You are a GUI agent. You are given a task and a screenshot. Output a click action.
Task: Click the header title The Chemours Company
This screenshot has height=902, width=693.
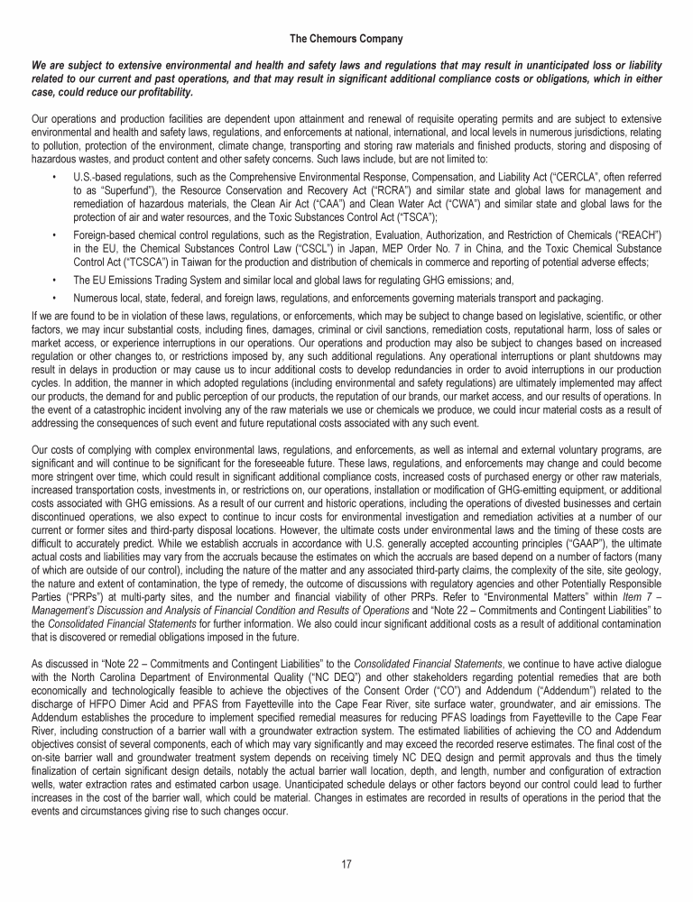[346, 39]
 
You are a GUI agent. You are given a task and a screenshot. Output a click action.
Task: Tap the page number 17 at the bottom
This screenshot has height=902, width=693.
[346, 864]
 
